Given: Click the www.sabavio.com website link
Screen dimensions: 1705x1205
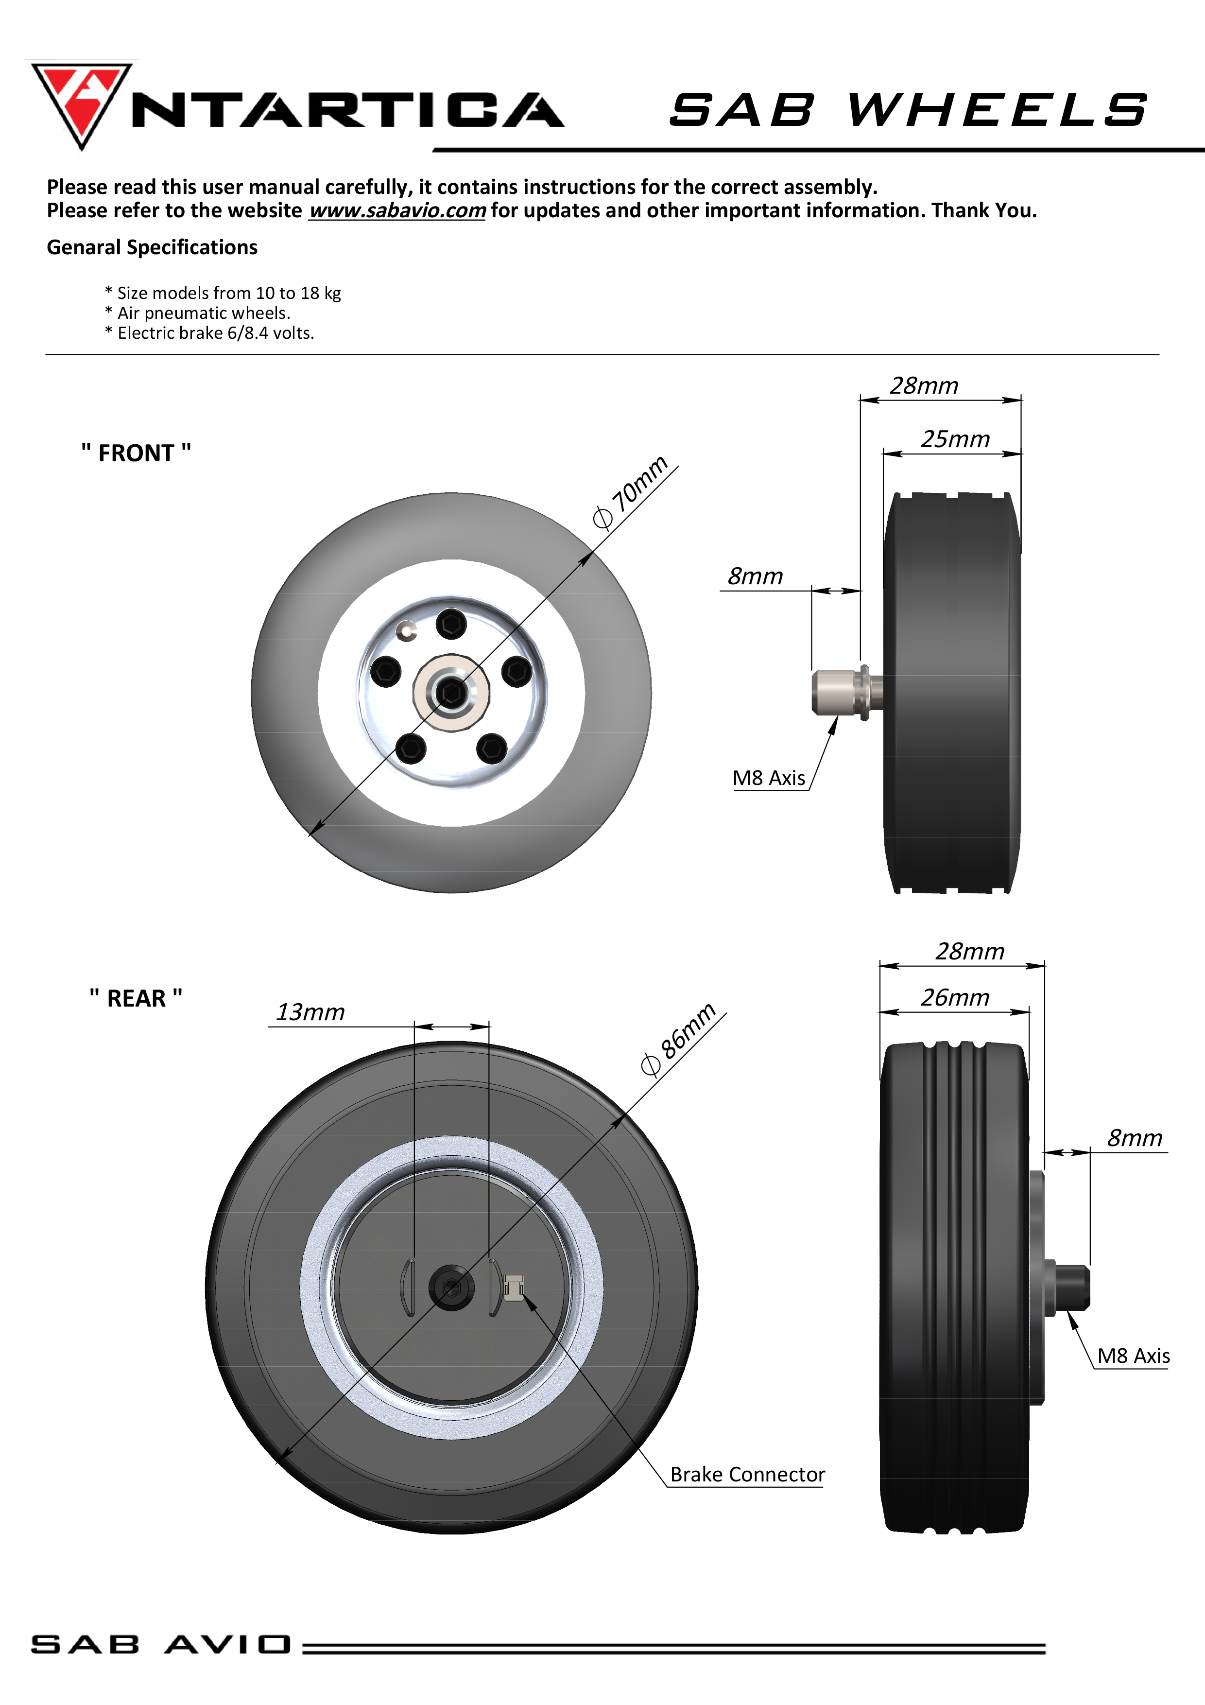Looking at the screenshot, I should pyautogui.click(x=397, y=211).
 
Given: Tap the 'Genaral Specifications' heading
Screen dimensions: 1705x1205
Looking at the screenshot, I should pyautogui.click(x=152, y=247).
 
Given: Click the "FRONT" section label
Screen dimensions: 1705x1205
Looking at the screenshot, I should pyautogui.click(x=136, y=453).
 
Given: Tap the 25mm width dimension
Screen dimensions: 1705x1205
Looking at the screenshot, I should pyautogui.click(x=955, y=440).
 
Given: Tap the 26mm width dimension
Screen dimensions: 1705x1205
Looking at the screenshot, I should pyautogui.click(x=955, y=998).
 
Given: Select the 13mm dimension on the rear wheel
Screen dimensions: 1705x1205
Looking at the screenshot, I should pyautogui.click(x=310, y=1012).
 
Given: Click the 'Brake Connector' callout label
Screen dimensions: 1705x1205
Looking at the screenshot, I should pyautogui.click(x=747, y=1475).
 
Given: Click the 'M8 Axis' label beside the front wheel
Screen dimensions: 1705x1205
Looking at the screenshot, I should pyautogui.click(x=769, y=778).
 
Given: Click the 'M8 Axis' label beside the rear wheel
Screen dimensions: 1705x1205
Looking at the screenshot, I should pyautogui.click(x=1133, y=1356).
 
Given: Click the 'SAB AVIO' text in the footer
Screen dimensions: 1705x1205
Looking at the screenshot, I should pyautogui.click(x=160, y=1645).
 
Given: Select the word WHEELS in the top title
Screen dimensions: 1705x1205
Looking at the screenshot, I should pyautogui.click(x=997, y=110).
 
